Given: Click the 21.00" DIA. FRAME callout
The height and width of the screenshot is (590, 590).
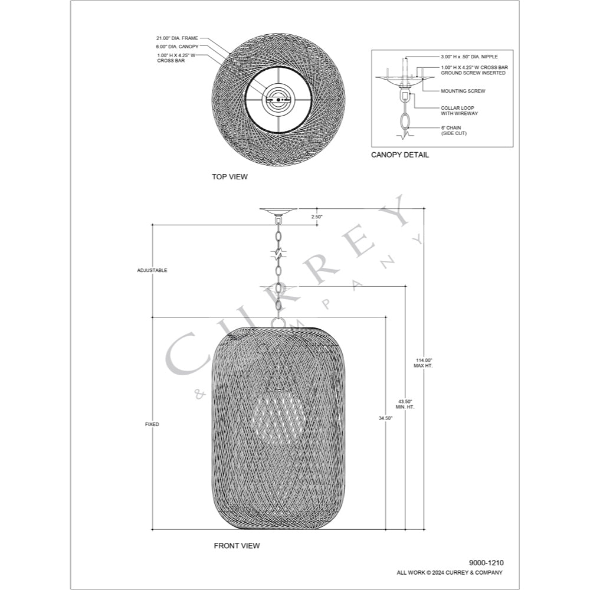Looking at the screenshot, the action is [x=177, y=38].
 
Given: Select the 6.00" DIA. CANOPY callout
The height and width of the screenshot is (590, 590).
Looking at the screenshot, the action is [x=177, y=47].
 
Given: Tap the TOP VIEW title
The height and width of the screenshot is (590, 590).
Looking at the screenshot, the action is [x=230, y=176].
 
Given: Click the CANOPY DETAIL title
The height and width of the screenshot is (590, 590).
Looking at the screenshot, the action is [x=399, y=155].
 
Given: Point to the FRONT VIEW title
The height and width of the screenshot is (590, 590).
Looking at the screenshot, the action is [x=237, y=545].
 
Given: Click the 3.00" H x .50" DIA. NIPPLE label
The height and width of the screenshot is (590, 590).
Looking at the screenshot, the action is [x=469, y=57].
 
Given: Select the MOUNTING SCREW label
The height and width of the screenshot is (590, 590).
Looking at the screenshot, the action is [x=463, y=91].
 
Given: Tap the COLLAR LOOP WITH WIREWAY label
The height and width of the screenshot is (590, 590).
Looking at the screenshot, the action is [x=460, y=111].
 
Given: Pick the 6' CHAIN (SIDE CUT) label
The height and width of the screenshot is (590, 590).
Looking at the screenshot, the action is [x=454, y=130].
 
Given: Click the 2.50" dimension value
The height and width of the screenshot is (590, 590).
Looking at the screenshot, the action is [x=317, y=217].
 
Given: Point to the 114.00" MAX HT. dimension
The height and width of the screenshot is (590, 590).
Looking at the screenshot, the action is [x=423, y=363].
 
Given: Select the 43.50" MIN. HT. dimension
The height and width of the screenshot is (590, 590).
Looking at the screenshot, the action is [x=405, y=404].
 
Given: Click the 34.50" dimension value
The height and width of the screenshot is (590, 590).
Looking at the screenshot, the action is [x=385, y=418].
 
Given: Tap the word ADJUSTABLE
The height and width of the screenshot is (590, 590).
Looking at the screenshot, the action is [x=152, y=270].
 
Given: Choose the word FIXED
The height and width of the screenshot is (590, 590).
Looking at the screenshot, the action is [x=152, y=424].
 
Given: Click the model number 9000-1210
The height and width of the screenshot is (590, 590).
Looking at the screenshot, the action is [x=486, y=563].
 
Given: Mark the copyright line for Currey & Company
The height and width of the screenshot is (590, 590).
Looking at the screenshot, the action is [x=449, y=573].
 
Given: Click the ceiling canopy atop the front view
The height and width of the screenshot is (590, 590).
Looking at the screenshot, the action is [x=278, y=211].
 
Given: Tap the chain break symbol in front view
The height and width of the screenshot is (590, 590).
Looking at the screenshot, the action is [x=278, y=255].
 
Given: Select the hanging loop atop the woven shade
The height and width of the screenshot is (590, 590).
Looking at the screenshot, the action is [x=278, y=323].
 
